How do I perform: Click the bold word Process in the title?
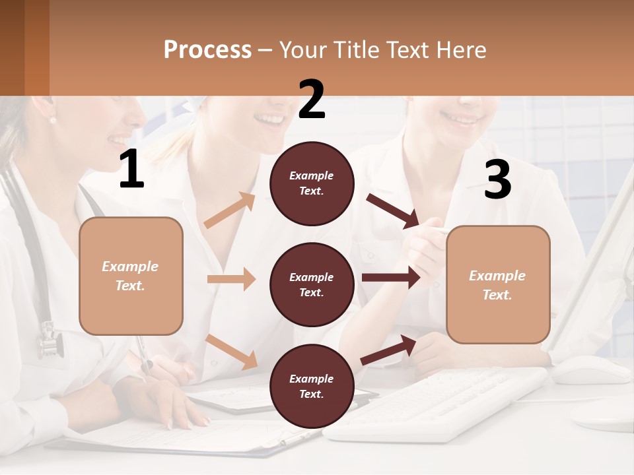pyautogui.click(x=207, y=50)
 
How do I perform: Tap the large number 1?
pyautogui.click(x=131, y=170)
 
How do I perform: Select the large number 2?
pyautogui.click(x=312, y=100)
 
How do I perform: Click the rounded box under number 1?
pyautogui.click(x=131, y=276)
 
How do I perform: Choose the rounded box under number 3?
pyautogui.click(x=497, y=284)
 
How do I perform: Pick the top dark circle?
pyautogui.click(x=312, y=183)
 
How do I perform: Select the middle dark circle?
pyautogui.click(x=312, y=284)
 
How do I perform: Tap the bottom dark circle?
pyautogui.click(x=312, y=386)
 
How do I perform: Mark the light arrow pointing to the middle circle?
pyautogui.click(x=231, y=279)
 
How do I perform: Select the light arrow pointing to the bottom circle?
pyautogui.click(x=232, y=351)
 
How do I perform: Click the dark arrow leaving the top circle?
pyautogui.click(x=393, y=211)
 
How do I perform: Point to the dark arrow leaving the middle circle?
pyautogui.click(x=391, y=278)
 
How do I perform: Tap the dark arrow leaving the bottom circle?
pyautogui.click(x=388, y=350)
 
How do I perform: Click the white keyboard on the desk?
pyautogui.click(x=436, y=402)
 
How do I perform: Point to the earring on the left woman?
pyautogui.click(x=53, y=119)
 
